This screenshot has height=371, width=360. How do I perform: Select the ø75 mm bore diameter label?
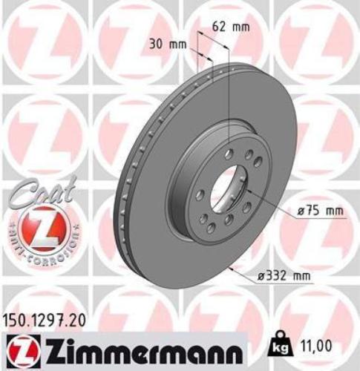[x=320, y=211]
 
